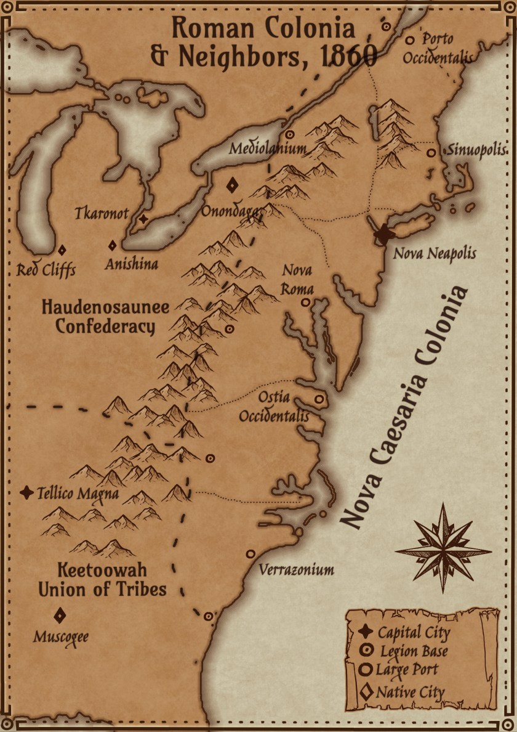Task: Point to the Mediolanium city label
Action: (x=267, y=148)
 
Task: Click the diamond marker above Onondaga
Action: (x=233, y=185)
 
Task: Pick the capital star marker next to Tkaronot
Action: (x=143, y=218)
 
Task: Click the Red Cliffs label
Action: (x=46, y=270)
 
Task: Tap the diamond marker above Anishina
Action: (x=113, y=245)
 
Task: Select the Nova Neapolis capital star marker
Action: (x=385, y=233)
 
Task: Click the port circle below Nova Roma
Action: (x=305, y=303)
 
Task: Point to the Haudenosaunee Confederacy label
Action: (x=105, y=316)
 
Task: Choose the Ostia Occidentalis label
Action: (x=274, y=407)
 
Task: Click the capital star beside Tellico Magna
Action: (x=26, y=492)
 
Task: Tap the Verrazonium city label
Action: (x=296, y=569)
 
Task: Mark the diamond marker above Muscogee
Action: (x=60, y=615)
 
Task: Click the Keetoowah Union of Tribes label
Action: (x=102, y=579)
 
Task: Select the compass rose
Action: (x=443, y=548)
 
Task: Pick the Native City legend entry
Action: (x=403, y=691)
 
